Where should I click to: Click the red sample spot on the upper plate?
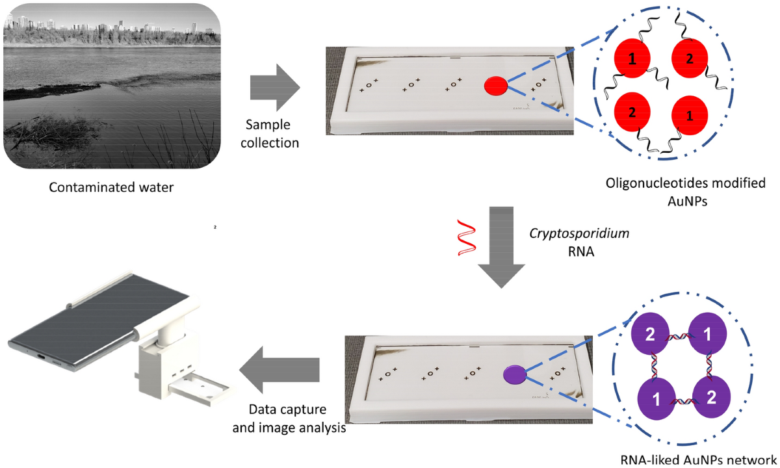click(x=495, y=84)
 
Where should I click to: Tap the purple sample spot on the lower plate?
click(x=513, y=374)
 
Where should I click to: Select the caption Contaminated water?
click(x=112, y=188)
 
